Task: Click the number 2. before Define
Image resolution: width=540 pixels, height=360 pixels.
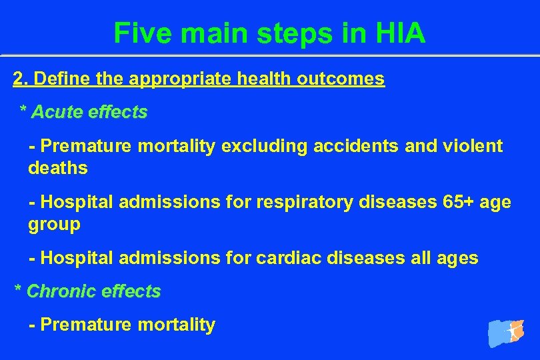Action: [20, 79]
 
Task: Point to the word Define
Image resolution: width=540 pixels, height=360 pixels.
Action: [55, 79]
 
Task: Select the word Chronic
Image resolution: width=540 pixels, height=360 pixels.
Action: [58, 291]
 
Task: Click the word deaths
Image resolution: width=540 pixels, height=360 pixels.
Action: [58, 168]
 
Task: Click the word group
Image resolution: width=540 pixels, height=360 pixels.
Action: [54, 225]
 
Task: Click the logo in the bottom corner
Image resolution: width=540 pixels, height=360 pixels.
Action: [506, 332]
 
